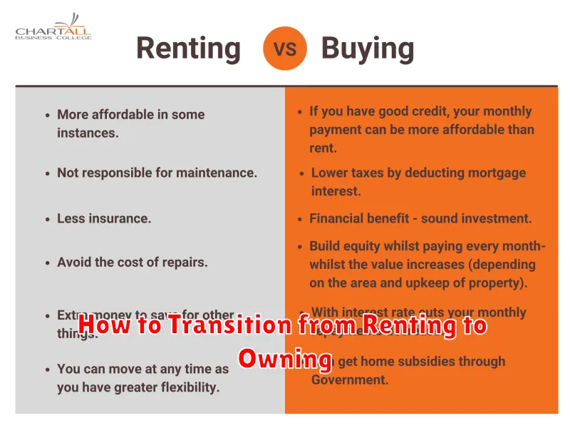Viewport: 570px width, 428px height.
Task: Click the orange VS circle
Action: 285,48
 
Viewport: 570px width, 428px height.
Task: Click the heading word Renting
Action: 188,48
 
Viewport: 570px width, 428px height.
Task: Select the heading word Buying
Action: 367,48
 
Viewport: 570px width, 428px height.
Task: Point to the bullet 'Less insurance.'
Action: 104,219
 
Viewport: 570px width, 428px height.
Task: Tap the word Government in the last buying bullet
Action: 349,379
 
